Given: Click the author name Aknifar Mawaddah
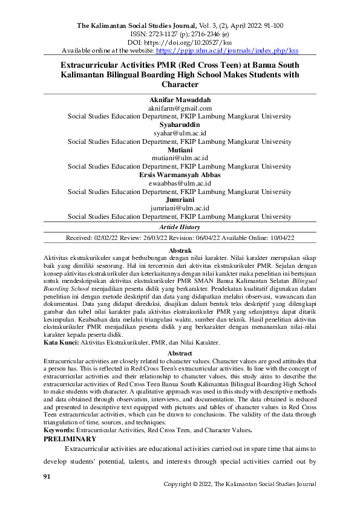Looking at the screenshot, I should coord(179,99).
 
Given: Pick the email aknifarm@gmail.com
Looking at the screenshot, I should coord(179,107).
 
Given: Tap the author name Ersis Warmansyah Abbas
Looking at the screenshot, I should coord(179,175).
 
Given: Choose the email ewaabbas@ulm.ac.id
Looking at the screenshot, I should coord(179,183).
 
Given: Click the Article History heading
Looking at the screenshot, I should coord(179,227).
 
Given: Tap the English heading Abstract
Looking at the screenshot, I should coord(179,353).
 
